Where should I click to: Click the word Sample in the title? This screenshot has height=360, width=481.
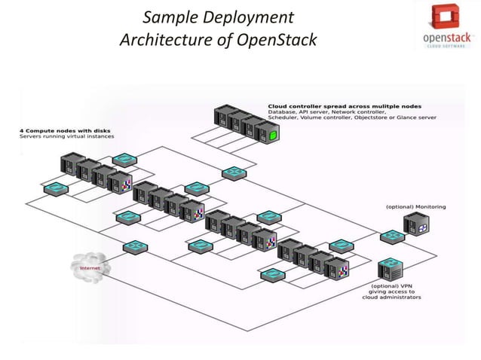pyautogui.click(x=167, y=17)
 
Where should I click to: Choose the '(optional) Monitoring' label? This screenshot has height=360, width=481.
pyautogui.click(x=415, y=206)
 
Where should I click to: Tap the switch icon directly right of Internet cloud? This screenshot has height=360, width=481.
pyautogui.click(x=136, y=246)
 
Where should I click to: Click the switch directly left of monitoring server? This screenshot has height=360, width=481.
pyautogui.click(x=391, y=236)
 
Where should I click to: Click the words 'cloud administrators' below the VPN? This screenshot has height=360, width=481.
pyautogui.click(x=395, y=297)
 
